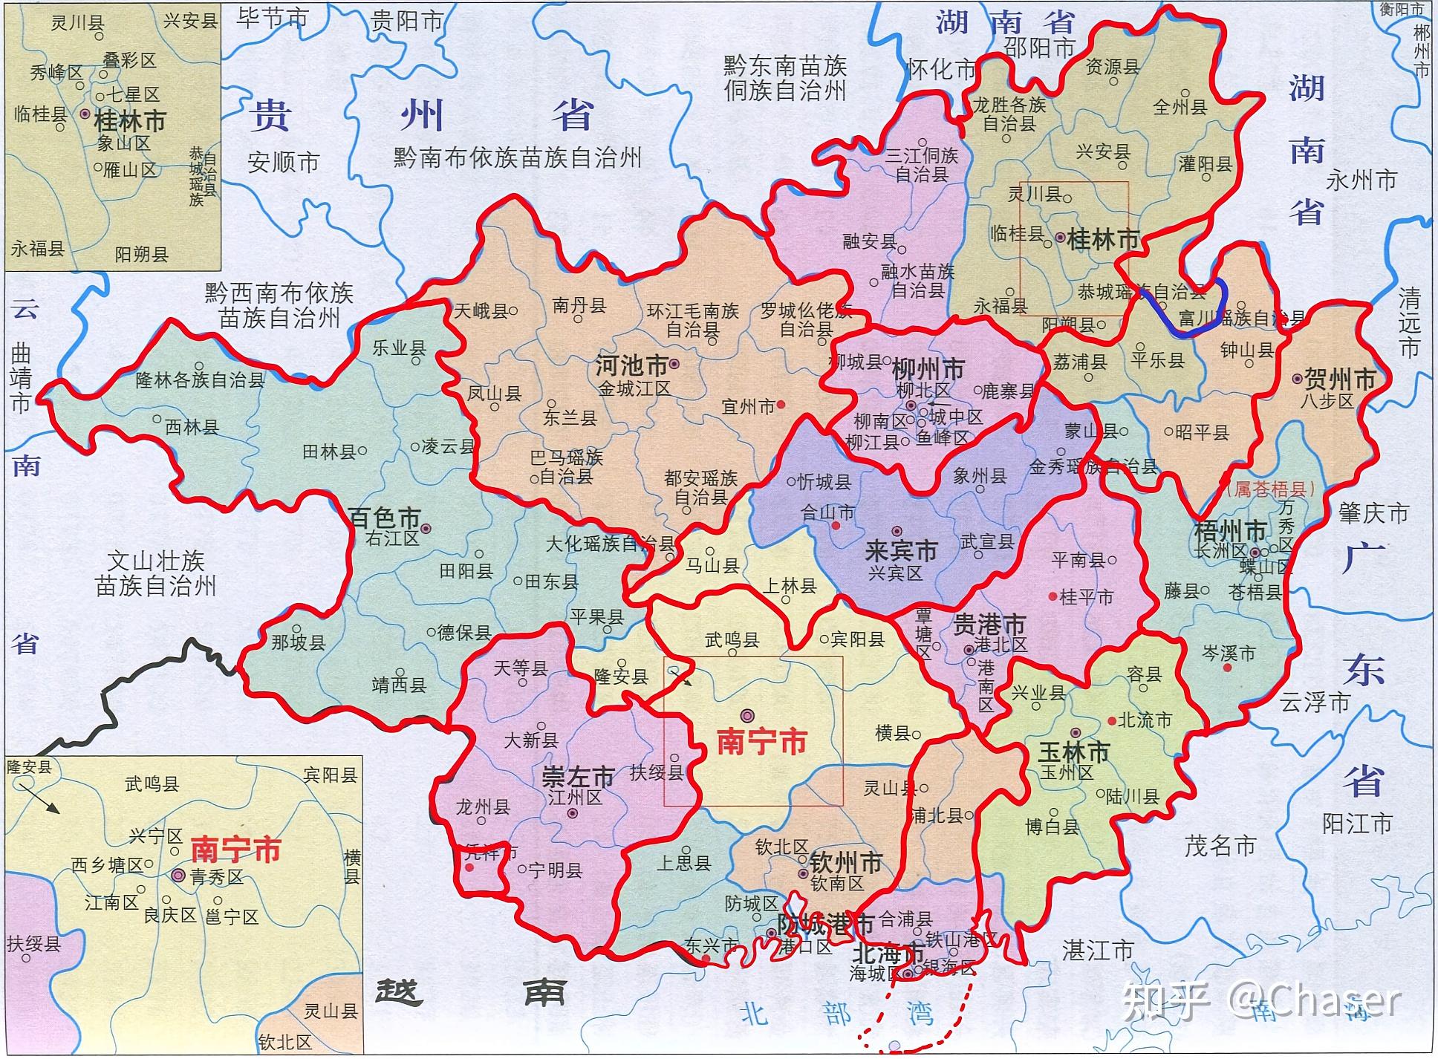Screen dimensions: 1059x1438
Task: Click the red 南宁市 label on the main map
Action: (761, 743)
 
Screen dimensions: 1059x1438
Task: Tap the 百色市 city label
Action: (384, 518)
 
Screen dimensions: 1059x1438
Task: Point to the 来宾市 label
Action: (901, 551)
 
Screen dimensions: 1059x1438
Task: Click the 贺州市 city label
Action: (1339, 380)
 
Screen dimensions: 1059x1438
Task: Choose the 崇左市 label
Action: (578, 778)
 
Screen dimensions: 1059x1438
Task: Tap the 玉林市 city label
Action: (1073, 752)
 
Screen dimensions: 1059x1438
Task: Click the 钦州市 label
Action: (845, 863)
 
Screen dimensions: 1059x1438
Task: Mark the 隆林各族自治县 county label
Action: (200, 381)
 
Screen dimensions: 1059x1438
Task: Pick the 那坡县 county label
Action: (298, 642)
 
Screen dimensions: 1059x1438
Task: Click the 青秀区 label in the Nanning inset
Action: (216, 877)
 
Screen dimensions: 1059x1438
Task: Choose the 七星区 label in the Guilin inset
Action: (133, 95)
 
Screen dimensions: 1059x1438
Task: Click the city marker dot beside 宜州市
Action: (781, 405)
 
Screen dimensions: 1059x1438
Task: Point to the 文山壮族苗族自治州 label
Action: (155, 573)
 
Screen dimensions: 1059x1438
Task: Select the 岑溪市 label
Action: (1229, 654)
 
